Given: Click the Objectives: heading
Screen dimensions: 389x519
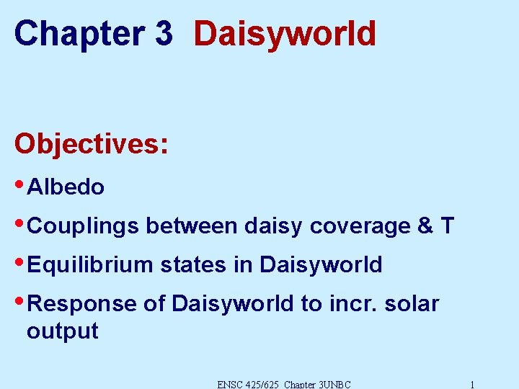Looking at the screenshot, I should tap(91, 143).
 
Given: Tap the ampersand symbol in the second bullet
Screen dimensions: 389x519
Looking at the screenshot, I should tap(425, 226).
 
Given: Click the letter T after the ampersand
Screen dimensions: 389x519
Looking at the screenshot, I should tap(447, 226).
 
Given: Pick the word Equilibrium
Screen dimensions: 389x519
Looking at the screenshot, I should tap(90, 265).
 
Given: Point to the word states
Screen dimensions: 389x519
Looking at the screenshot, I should tap(192, 265).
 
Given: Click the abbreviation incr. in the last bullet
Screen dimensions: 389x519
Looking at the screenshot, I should tap(353, 304).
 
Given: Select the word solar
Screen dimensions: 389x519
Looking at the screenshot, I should tap(412, 304).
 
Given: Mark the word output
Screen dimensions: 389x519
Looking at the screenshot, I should tap(62, 331).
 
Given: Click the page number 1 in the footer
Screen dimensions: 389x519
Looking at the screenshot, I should tap(471, 384).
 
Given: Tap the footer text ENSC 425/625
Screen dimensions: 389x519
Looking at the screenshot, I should tap(247, 384).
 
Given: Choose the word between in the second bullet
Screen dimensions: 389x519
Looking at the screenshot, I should tap(192, 226).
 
